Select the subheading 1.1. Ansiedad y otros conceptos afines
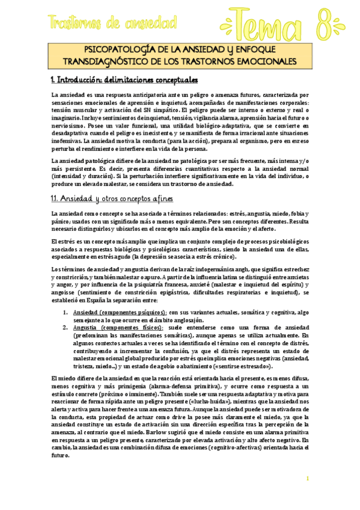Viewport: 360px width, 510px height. [x=114, y=198]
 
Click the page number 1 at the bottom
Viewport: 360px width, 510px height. [x=307, y=478]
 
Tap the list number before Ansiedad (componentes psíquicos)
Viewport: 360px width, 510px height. [x=66, y=313]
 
